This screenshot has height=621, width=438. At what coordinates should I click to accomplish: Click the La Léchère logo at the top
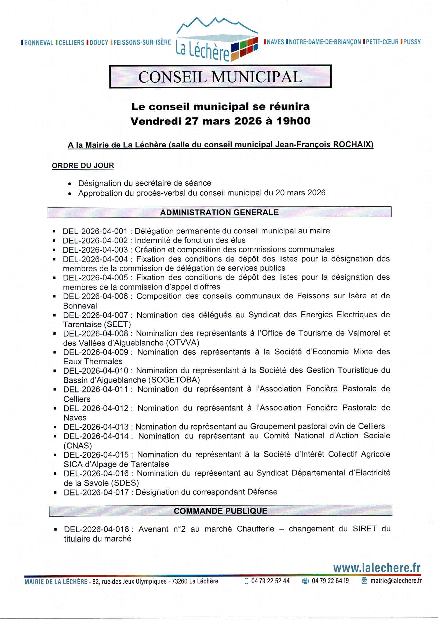pyautogui.click(x=217, y=41)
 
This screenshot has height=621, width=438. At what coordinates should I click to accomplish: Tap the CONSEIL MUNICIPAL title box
pyautogui.click(x=220, y=77)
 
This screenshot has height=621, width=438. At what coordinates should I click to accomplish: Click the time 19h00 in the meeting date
pyautogui.click(x=293, y=121)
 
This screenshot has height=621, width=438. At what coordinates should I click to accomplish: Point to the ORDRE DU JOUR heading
pyautogui.click(x=83, y=166)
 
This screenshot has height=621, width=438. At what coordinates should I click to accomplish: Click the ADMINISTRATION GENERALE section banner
pyautogui.click(x=220, y=212)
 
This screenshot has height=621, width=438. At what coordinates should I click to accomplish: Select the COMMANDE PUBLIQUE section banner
pyautogui.click(x=221, y=511)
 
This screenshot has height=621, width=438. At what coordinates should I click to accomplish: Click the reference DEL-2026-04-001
pyautogui.click(x=95, y=231)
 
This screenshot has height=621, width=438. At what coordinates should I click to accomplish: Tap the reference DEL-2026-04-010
pyautogui.click(x=96, y=371)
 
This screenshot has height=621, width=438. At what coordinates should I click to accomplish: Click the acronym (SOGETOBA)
pyautogui.click(x=174, y=380)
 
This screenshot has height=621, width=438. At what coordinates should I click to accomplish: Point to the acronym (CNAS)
pyautogui.click(x=78, y=446)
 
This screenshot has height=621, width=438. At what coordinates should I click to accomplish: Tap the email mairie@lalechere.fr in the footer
pyautogui.click(x=396, y=580)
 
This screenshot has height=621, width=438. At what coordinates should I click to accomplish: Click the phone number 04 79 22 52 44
pyautogui.click(x=270, y=581)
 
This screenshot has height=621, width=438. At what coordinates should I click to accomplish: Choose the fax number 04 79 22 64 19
pyautogui.click(x=330, y=581)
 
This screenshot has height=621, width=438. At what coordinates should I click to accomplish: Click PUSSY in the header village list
pyautogui.click(x=412, y=42)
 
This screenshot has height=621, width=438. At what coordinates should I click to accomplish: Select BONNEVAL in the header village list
pyautogui.click(x=38, y=43)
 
